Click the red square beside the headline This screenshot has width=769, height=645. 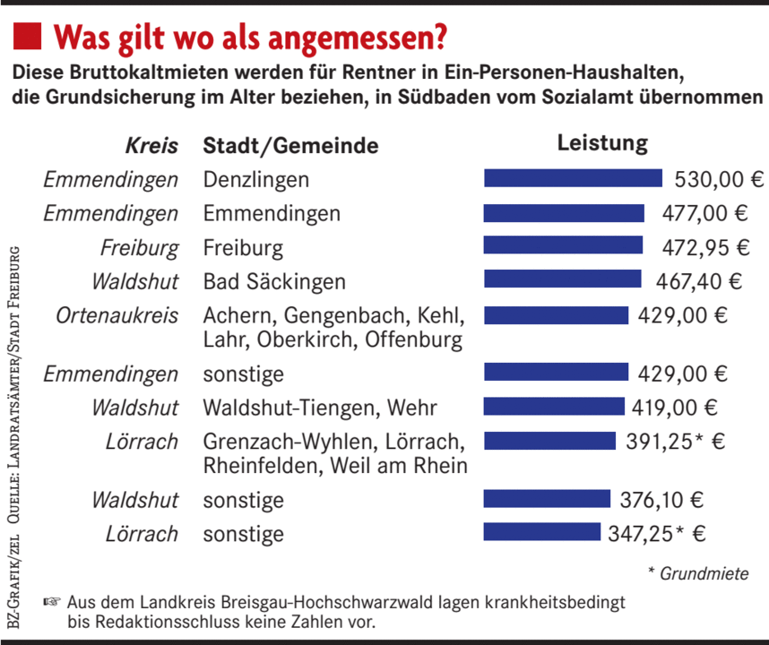click(x=27, y=37)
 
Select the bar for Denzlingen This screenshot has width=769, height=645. click(x=573, y=177)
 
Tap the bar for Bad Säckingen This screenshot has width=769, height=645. click(x=562, y=279)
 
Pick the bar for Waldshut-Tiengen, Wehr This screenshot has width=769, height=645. click(x=553, y=407)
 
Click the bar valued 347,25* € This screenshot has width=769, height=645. click(x=541, y=532)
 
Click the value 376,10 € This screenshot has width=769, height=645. click(x=661, y=499)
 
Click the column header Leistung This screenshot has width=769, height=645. click(x=602, y=143)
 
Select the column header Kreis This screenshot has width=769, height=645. click(x=151, y=146)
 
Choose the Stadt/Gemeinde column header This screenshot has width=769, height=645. click(x=290, y=146)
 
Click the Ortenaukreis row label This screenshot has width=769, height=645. click(x=117, y=316)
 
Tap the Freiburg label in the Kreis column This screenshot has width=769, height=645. click(x=140, y=247)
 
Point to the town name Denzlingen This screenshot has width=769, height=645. click(x=255, y=179)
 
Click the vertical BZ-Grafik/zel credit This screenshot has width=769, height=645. click(x=15, y=583)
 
